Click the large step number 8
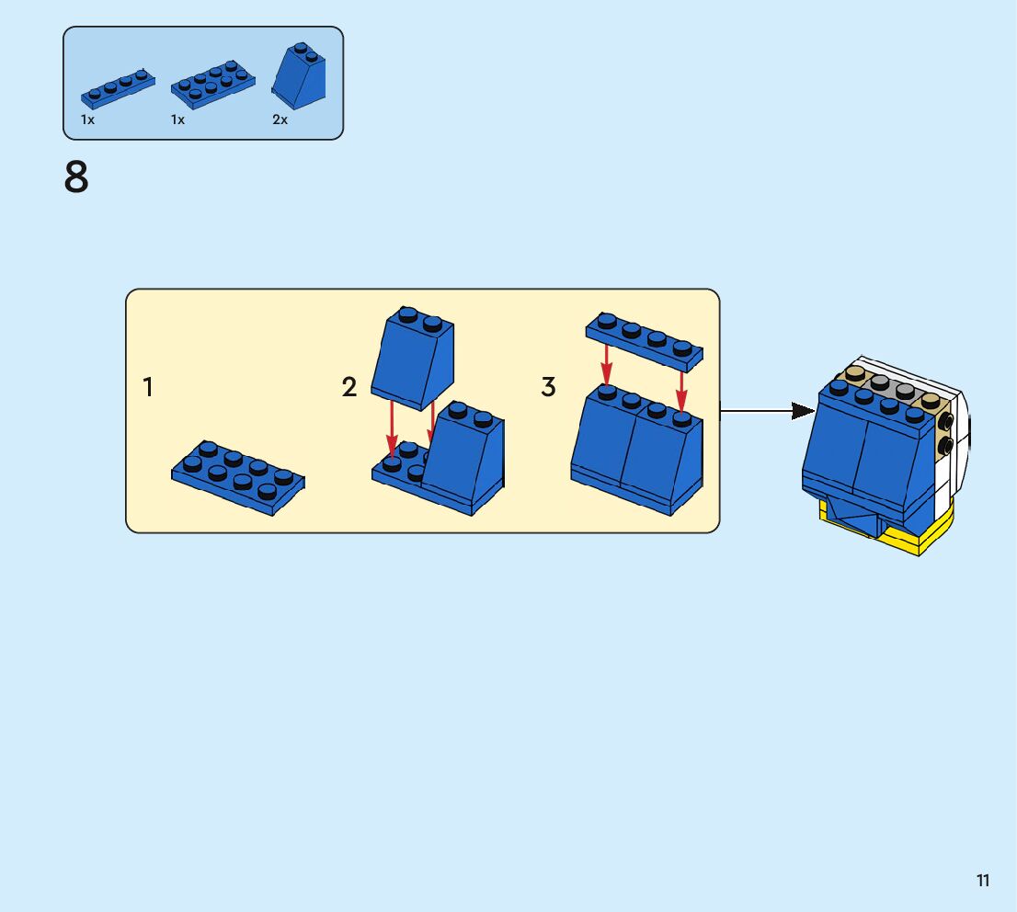pyautogui.click(x=76, y=177)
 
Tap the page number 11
pyautogui.click(x=983, y=880)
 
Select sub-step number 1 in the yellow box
pyautogui.click(x=148, y=387)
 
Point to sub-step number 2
pyautogui.click(x=349, y=387)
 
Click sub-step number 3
pyautogui.click(x=548, y=387)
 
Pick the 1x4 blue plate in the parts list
pyautogui.click(x=118, y=88)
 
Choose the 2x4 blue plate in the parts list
pyautogui.click(x=212, y=84)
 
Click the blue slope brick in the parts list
pyautogui.click(x=298, y=76)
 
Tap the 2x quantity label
pyautogui.click(x=280, y=120)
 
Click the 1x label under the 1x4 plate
pyautogui.click(x=87, y=120)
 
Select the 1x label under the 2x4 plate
pyautogui.click(x=177, y=120)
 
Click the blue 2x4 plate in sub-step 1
pyautogui.click(x=238, y=477)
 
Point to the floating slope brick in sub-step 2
pyautogui.click(x=413, y=358)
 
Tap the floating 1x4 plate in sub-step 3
pyautogui.click(x=644, y=342)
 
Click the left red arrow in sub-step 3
pyautogui.click(x=607, y=364)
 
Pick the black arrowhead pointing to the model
pyautogui.click(x=804, y=411)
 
